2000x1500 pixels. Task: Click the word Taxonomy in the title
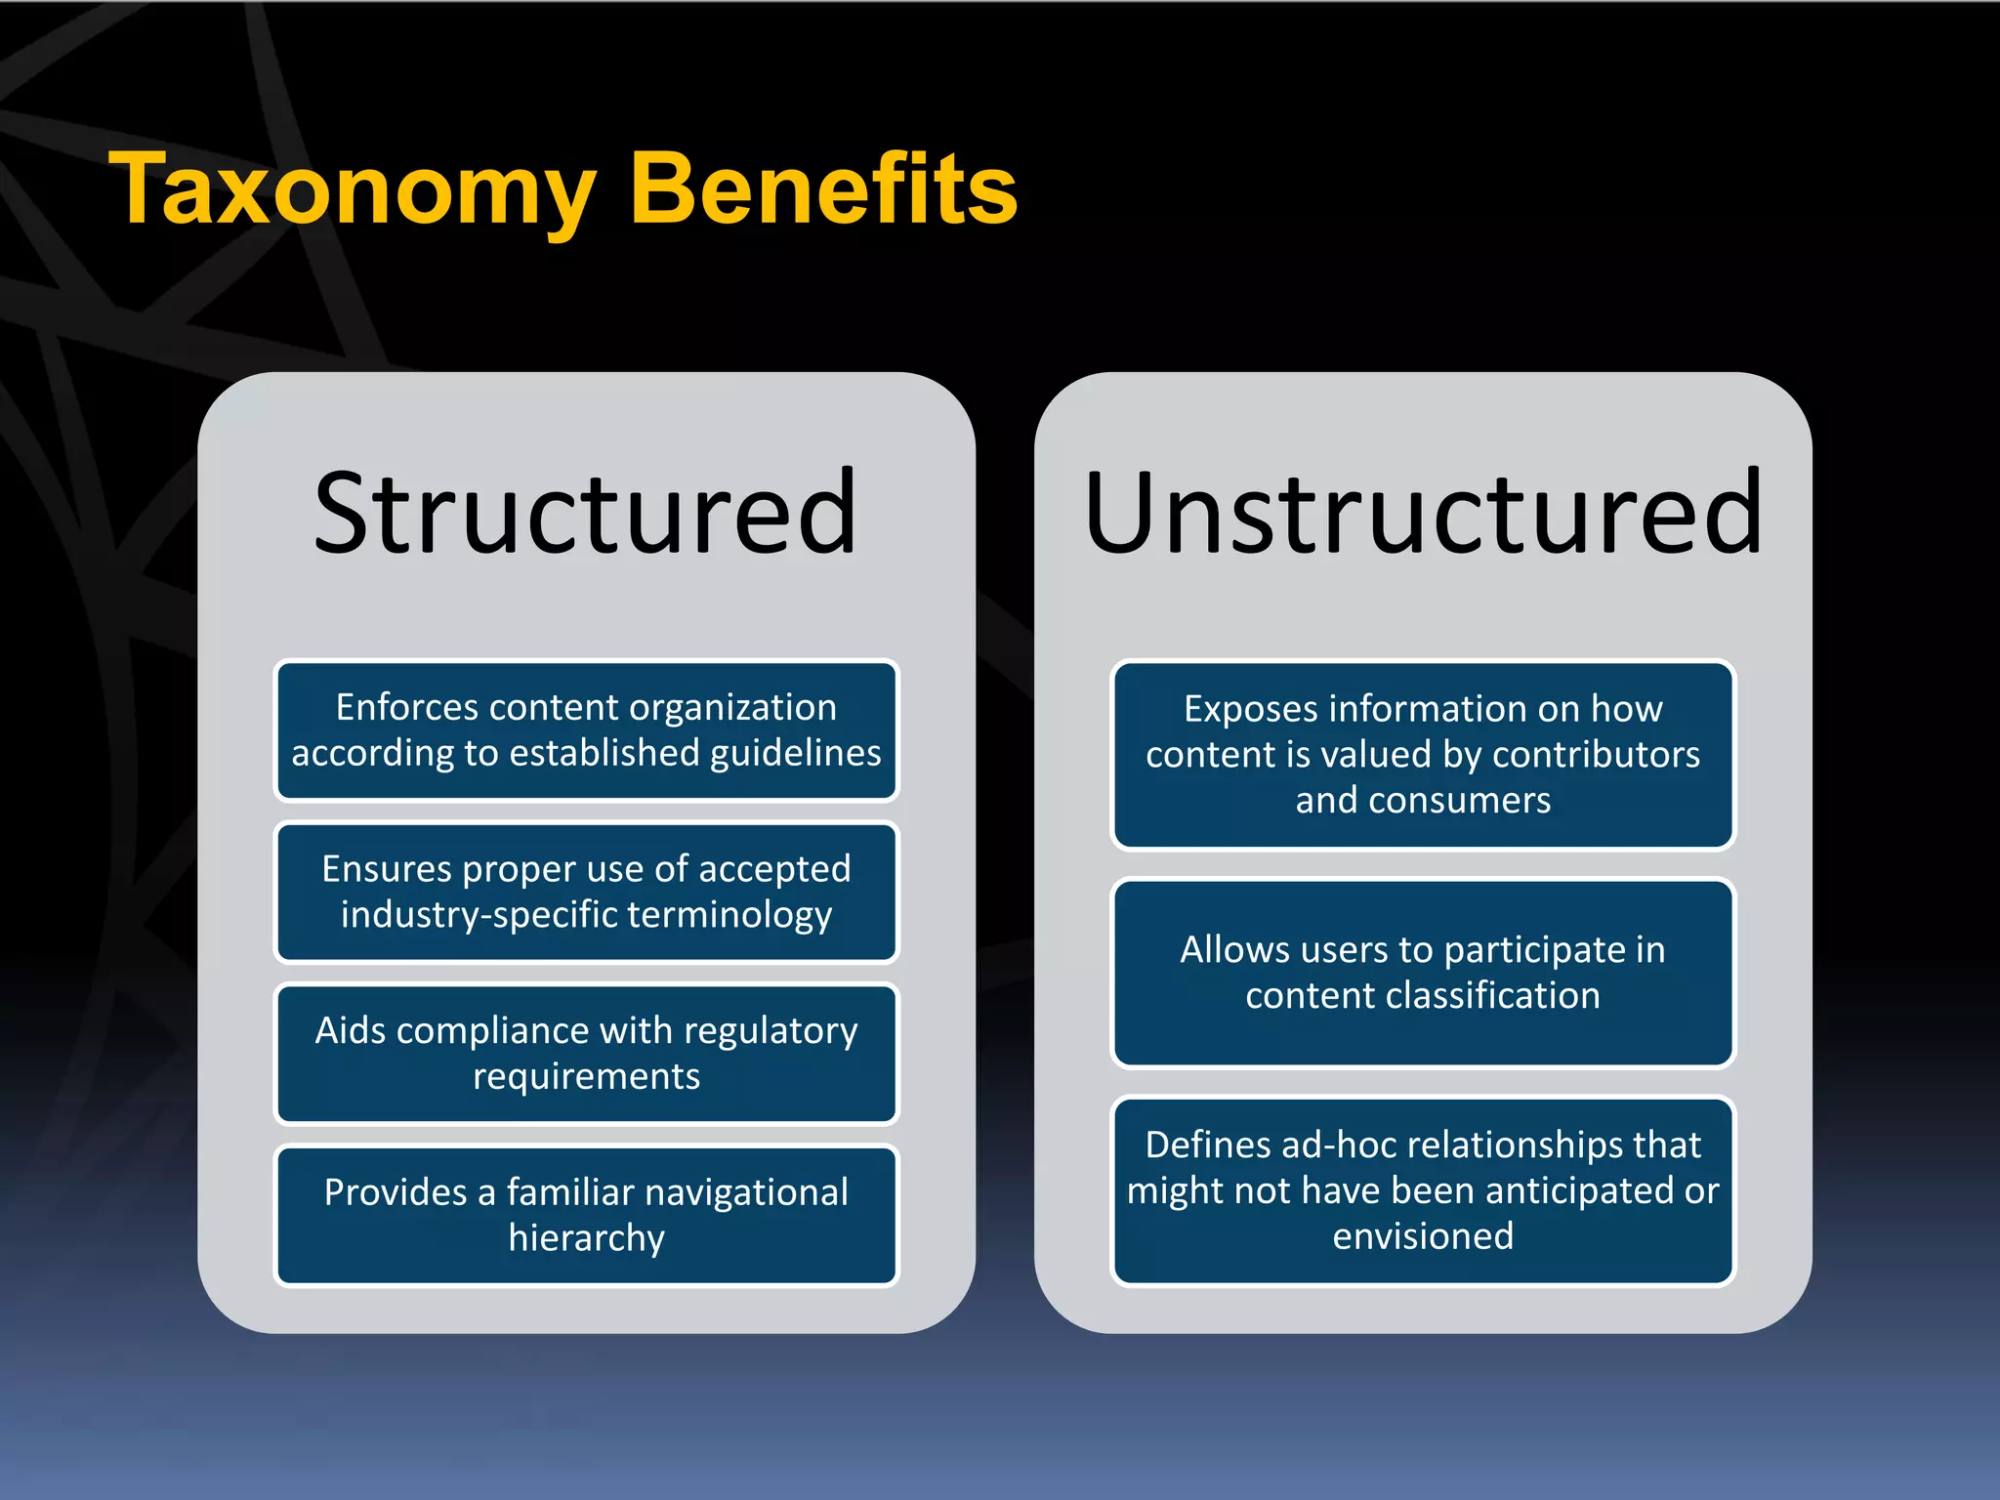pos(353,190)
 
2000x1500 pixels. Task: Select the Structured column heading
pos(585,513)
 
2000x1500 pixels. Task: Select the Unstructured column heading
pos(1423,513)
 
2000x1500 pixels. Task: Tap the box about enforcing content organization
pos(586,730)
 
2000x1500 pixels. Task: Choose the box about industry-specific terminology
pos(586,892)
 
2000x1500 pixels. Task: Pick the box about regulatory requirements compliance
pos(586,1054)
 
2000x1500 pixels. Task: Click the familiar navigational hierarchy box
pos(586,1215)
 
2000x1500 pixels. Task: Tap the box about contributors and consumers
pos(1423,754)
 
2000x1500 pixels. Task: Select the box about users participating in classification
pos(1423,973)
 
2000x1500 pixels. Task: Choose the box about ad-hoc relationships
pos(1423,1190)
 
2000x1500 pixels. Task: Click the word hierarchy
pos(586,1238)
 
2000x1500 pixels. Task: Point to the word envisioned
pos(1423,1236)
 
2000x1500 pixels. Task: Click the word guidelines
pos(795,754)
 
